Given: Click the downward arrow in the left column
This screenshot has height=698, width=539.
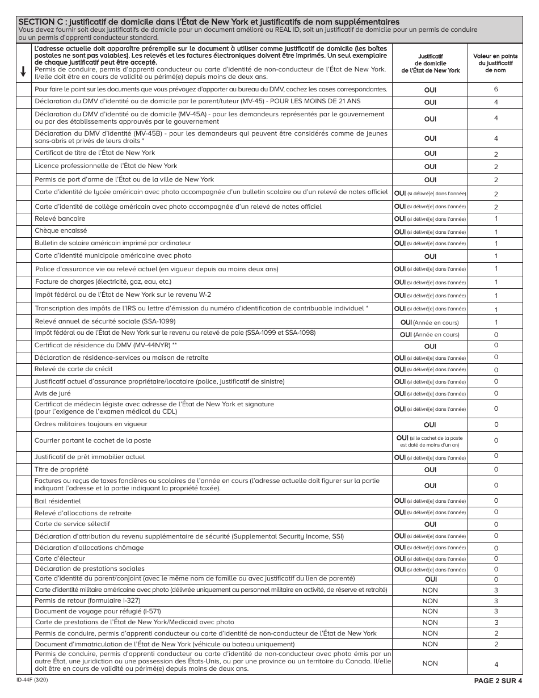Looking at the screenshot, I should pyautogui.click(x=23, y=71).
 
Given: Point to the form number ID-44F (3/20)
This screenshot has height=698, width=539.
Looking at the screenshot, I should pyautogui.click(x=32, y=679).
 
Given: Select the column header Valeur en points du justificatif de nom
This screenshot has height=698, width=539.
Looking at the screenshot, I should pyautogui.click(x=495, y=63).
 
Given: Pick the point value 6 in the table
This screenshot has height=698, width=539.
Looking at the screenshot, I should pyautogui.click(x=495, y=90).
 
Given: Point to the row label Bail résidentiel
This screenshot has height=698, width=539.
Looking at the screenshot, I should pyautogui.click(x=58, y=501).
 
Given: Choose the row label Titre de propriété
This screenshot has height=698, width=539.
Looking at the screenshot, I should pyautogui.click(x=61, y=469).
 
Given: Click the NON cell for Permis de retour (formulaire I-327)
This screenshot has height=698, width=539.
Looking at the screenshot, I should pyautogui.click(x=430, y=601).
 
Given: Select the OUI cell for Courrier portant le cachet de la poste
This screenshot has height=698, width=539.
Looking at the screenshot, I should pyautogui.click(x=430, y=441).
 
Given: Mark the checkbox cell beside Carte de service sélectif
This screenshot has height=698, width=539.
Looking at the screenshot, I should pyautogui.click(x=24, y=524).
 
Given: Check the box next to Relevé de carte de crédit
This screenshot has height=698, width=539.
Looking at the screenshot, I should pyautogui.click(x=24, y=369).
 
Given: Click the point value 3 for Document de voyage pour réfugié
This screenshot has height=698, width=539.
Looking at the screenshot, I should pyautogui.click(x=495, y=611).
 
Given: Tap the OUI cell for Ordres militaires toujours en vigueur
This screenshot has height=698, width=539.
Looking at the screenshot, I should pyautogui.click(x=430, y=424).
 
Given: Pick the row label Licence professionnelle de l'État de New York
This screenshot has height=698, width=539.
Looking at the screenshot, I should pyautogui.click(x=106, y=166).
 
